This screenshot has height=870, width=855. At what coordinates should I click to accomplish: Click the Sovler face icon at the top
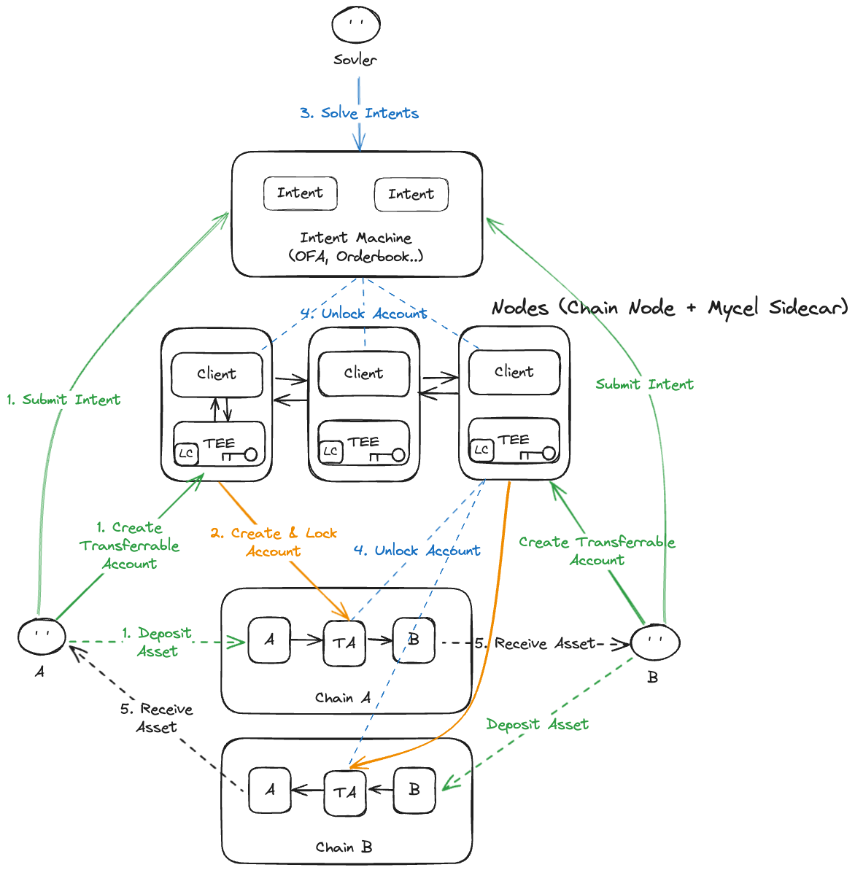tap(356, 25)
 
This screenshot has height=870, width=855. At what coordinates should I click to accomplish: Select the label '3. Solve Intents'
tap(359, 113)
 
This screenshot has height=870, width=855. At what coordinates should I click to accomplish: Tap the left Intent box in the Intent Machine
tap(300, 193)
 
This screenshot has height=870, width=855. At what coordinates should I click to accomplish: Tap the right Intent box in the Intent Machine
tap(411, 195)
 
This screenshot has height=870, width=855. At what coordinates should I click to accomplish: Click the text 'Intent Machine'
tap(356, 238)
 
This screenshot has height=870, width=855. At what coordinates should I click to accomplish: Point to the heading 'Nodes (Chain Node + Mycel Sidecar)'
tap(670, 308)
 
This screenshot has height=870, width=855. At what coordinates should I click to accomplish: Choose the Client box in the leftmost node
tap(217, 374)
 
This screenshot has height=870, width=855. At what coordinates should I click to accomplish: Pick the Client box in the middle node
tap(363, 373)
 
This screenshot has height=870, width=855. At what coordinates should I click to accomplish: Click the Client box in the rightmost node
tap(514, 372)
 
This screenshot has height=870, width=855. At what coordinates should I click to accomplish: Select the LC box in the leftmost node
tap(186, 454)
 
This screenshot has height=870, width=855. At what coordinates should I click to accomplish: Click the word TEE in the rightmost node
tap(514, 440)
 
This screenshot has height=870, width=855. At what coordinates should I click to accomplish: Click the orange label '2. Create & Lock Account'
tap(274, 542)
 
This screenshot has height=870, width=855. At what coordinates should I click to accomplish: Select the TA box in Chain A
tap(344, 642)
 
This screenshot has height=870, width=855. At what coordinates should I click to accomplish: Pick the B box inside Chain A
tap(414, 640)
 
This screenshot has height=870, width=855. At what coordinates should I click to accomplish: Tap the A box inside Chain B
tap(270, 790)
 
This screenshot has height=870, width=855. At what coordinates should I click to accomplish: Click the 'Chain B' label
tap(344, 847)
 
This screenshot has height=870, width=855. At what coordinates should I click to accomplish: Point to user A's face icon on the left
tap(42, 635)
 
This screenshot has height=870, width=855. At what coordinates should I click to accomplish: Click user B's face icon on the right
tap(655, 642)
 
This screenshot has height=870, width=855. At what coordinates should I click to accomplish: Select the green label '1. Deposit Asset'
tap(157, 642)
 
